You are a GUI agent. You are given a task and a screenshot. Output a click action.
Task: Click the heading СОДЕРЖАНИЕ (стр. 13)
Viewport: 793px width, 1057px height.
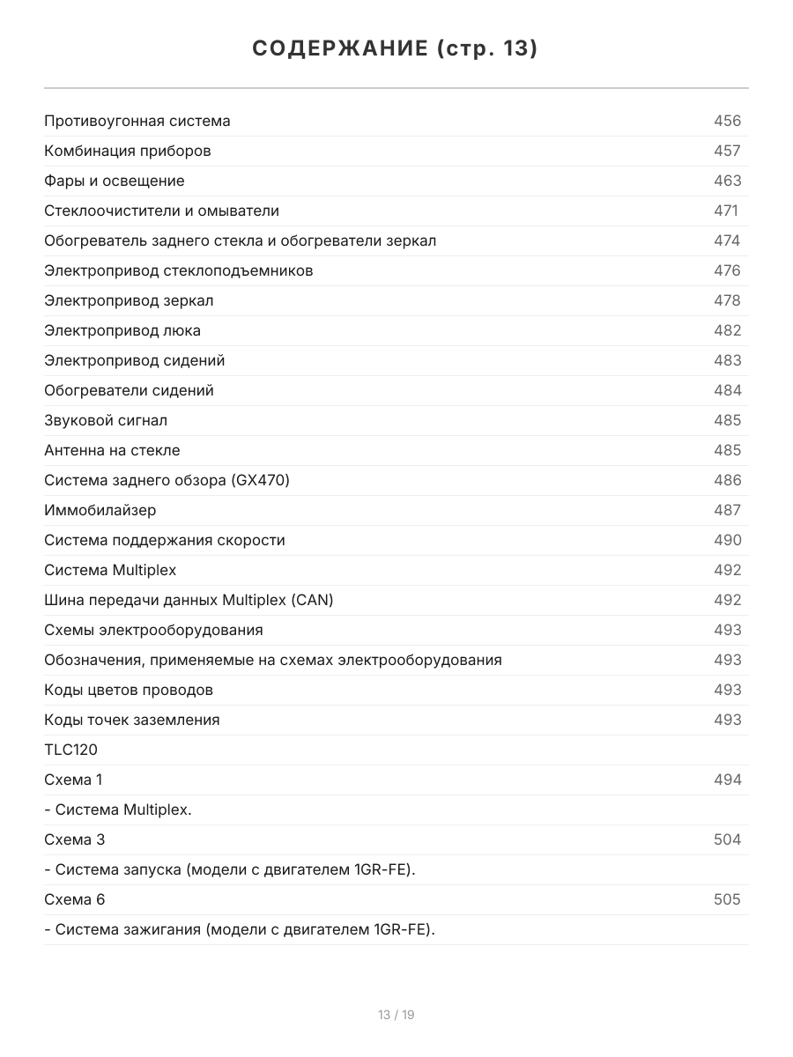pyautogui.click(x=396, y=48)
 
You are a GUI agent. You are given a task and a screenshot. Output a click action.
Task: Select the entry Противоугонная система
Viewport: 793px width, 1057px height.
pyautogui.click(x=137, y=121)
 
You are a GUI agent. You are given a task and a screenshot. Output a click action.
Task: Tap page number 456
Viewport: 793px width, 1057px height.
pyautogui.click(x=727, y=121)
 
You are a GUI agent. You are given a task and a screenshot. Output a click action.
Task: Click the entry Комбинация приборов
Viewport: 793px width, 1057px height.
pyautogui.click(x=128, y=151)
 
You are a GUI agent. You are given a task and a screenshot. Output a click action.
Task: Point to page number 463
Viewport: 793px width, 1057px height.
pyautogui.click(x=727, y=181)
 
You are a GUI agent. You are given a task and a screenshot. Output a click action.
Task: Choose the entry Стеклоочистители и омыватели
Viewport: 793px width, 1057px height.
pyautogui.click(x=161, y=211)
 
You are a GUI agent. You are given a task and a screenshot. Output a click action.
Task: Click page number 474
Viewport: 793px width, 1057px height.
pyautogui.click(x=727, y=240)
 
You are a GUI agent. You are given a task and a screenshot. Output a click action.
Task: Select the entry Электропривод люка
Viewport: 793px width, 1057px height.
pyautogui.click(x=122, y=330)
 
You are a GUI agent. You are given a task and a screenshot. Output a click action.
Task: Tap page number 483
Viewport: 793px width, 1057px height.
pyautogui.click(x=727, y=360)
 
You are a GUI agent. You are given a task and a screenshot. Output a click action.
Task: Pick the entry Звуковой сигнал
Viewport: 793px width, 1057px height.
pyautogui.click(x=106, y=420)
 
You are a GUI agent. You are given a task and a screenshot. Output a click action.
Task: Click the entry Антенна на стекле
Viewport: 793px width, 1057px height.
pyautogui.click(x=112, y=450)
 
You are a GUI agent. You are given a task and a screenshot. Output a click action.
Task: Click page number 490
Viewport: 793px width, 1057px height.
pyautogui.click(x=727, y=540)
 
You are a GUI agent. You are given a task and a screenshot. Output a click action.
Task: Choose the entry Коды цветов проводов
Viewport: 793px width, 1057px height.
pyautogui.click(x=129, y=690)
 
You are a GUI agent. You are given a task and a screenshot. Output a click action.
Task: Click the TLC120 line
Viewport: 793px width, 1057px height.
pyautogui.click(x=71, y=750)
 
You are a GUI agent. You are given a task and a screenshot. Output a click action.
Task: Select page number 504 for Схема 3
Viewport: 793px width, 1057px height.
pyautogui.click(x=727, y=839)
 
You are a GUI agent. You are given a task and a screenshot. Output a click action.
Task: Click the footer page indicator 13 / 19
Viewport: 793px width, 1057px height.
pyautogui.click(x=396, y=1015)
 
